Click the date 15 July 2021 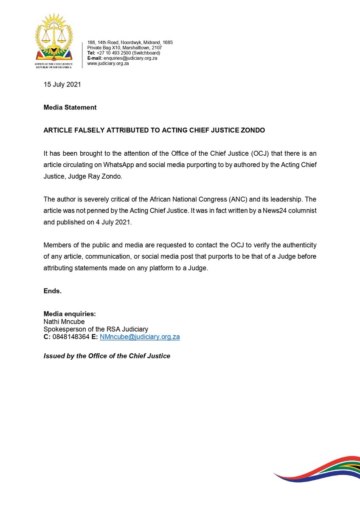62,84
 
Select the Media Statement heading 70,107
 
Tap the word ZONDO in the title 252,130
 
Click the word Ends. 53,291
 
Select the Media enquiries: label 70,314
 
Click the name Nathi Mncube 64,322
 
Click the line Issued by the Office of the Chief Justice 107,356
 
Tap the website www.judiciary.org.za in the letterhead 108,63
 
